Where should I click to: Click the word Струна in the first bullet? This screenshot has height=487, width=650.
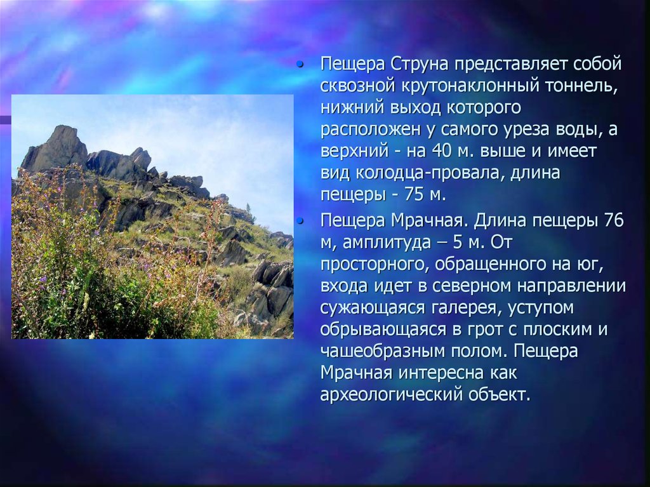[420, 64]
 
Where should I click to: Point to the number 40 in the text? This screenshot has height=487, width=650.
[442, 151]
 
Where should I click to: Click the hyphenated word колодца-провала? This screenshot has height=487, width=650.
[428, 173]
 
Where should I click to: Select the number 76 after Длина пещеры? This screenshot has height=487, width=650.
[614, 220]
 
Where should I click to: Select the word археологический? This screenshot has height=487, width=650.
[392, 394]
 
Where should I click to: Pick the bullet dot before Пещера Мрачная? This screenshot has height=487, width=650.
[300, 222]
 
